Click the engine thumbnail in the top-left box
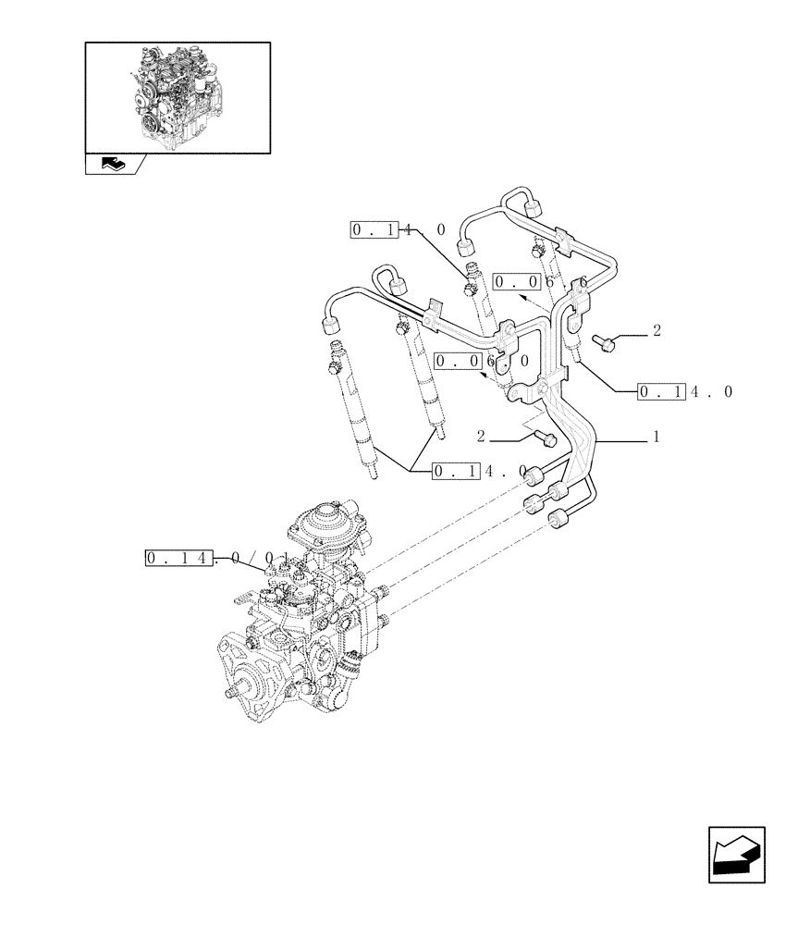177,96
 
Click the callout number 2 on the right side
656,330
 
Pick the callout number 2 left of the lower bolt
482,435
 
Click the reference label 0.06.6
540,281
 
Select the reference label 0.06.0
482,361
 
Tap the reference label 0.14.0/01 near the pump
216,558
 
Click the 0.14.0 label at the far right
684,392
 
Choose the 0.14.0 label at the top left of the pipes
398,229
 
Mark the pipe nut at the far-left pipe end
330,325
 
